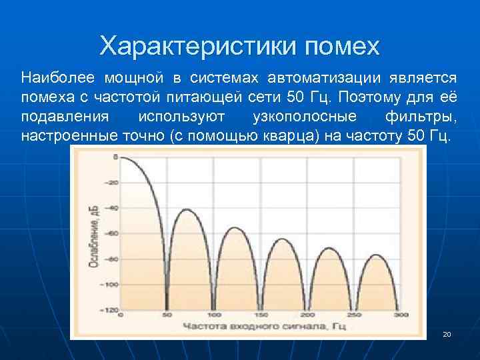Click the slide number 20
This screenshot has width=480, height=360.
[x=447, y=333]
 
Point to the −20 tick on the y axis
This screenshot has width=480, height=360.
[x=111, y=182]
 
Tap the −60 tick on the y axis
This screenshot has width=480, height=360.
[x=111, y=233]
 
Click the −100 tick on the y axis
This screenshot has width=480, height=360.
[x=110, y=285]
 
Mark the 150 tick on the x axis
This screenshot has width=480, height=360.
[x=261, y=315]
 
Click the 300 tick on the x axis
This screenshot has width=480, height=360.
[x=400, y=315]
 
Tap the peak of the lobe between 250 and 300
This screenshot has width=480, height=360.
[x=377, y=255]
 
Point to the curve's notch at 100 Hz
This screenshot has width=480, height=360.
[x=213, y=308]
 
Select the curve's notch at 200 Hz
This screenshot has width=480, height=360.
[x=307, y=308]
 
